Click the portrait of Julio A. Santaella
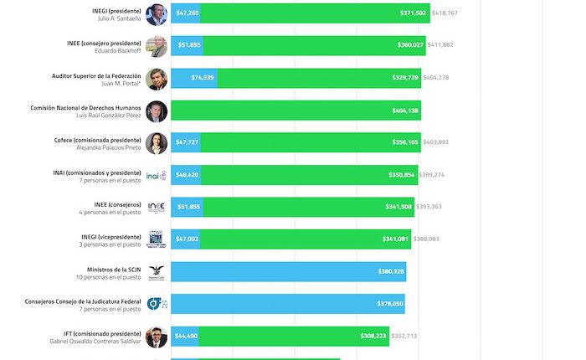pyautogui.click(x=157, y=14)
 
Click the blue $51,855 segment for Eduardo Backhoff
pyautogui.click(x=188, y=46)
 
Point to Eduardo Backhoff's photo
pyautogui.click(x=157, y=46)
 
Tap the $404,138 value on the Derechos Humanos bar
pyautogui.click(x=405, y=111)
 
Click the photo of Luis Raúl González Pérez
pyautogui.click(x=157, y=111)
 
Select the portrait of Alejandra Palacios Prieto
pyautogui.click(x=157, y=143)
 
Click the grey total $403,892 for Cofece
pyautogui.click(x=435, y=142)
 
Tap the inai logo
pyautogui.click(x=157, y=175)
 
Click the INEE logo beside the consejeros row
pyautogui.click(x=157, y=207)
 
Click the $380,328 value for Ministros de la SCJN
pyautogui.click(x=391, y=271)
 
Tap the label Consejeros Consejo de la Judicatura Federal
pyautogui.click(x=84, y=300)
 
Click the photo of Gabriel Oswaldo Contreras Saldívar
pyautogui.click(x=157, y=337)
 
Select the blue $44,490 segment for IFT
pyautogui.click(x=186, y=336)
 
